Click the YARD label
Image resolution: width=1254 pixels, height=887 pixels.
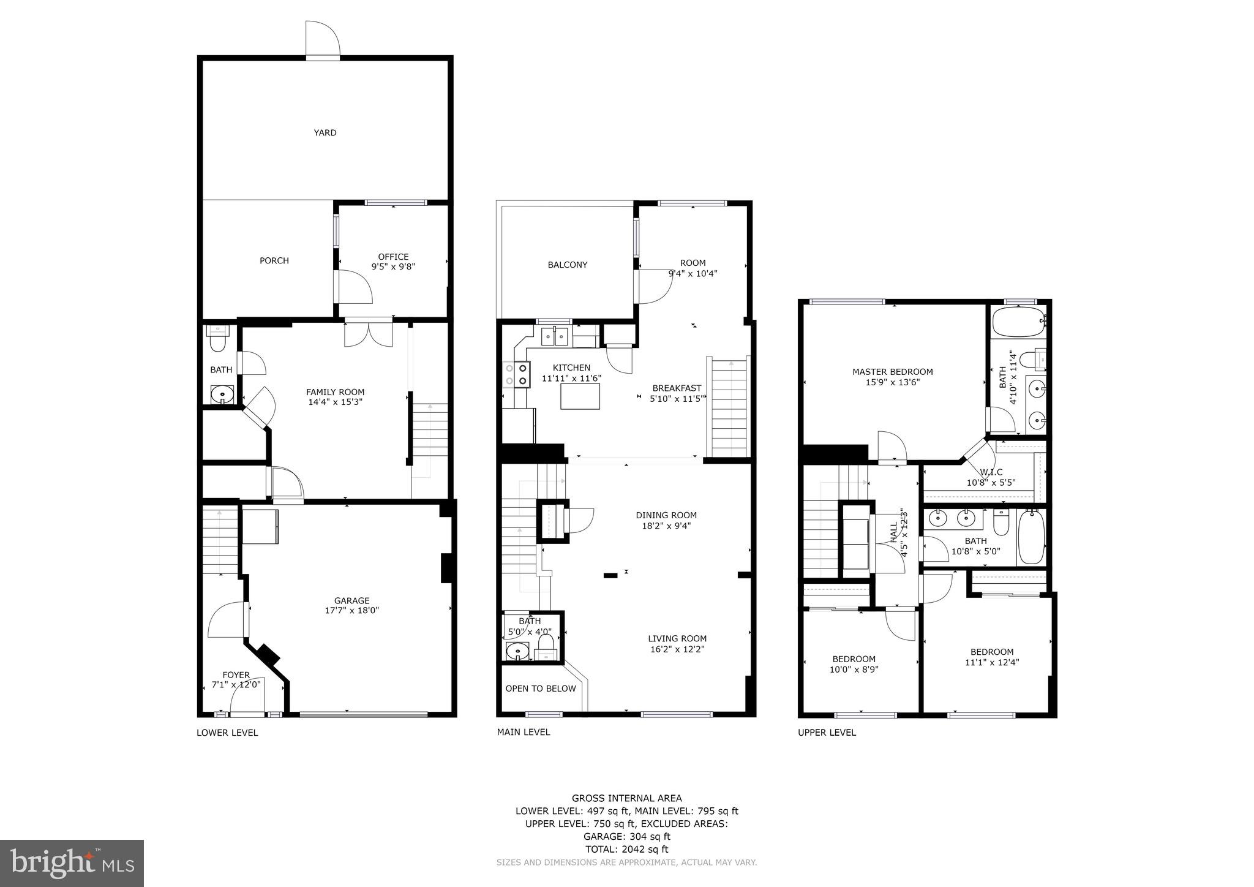[325, 132]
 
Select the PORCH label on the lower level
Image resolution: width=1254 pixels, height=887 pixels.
[274, 260]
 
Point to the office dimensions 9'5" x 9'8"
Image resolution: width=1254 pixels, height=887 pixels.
[393, 266]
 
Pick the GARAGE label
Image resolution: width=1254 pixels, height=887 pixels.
[351, 600]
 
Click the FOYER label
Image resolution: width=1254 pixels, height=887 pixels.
[236, 675]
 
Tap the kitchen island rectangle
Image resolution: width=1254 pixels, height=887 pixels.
[580, 396]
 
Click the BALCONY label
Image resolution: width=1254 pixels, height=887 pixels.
[567, 265]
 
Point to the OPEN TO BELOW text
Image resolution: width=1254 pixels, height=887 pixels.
[541, 689]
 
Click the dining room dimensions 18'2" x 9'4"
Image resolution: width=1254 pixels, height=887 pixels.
[666, 526]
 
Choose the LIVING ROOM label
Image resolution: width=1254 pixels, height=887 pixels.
[678, 638]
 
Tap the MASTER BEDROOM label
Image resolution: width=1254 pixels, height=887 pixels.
[892, 371]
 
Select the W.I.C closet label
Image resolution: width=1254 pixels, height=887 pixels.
[991, 472]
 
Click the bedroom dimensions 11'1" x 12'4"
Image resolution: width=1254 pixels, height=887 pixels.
[992, 662]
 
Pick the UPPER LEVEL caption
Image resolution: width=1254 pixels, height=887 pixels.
[827, 733]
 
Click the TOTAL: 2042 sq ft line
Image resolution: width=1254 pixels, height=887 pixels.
[626, 849]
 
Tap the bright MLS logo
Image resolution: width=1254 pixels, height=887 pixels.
[72, 863]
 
